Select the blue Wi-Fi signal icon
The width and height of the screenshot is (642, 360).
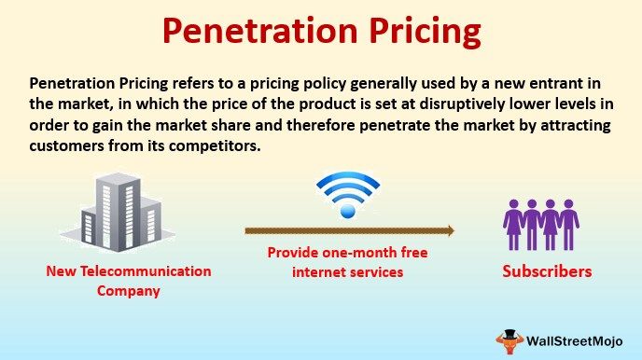(x=349, y=195)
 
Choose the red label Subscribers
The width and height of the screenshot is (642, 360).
(x=547, y=272)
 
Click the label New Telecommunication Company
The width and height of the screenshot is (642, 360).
(x=129, y=281)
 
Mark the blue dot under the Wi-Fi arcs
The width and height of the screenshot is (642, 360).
(x=349, y=213)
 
